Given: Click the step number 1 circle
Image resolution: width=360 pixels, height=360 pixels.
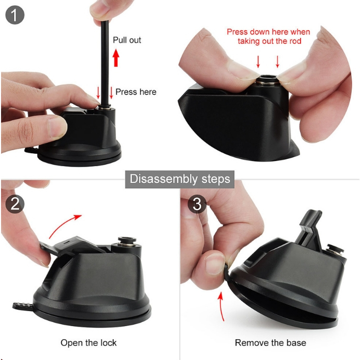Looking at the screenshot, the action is click(x=15, y=15).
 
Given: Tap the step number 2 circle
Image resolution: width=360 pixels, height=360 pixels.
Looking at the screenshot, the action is click(x=15, y=204).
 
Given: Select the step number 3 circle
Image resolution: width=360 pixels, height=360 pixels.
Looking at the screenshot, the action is click(x=197, y=204).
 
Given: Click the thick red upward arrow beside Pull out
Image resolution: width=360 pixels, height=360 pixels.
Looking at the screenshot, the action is click(x=116, y=58).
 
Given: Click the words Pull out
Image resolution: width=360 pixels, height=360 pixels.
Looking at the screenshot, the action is click(x=127, y=40).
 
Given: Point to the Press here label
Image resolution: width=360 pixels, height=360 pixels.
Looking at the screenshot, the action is click(x=136, y=92).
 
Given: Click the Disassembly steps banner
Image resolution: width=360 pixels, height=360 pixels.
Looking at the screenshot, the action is click(x=180, y=179).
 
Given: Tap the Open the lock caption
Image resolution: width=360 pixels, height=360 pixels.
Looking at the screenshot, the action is click(x=89, y=343).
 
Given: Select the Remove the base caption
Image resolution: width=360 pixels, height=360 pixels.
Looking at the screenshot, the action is click(x=270, y=343).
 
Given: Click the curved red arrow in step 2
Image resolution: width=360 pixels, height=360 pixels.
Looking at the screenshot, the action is click(x=63, y=224).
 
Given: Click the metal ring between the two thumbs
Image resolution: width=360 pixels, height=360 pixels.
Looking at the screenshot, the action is click(x=267, y=81).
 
